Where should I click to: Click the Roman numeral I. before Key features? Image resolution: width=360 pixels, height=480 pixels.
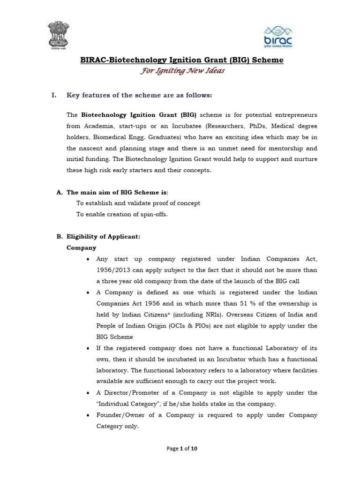[x=54, y=96]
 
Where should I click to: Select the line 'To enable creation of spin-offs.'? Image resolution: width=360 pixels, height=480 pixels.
[x=122, y=214]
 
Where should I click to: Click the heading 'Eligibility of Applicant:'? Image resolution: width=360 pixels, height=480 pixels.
[x=103, y=237]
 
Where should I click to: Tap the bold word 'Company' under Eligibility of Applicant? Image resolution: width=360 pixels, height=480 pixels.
[x=82, y=247]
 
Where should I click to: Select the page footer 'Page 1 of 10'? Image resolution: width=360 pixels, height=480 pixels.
[x=182, y=449]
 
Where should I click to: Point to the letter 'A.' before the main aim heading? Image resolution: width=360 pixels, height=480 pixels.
[x=59, y=192]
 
